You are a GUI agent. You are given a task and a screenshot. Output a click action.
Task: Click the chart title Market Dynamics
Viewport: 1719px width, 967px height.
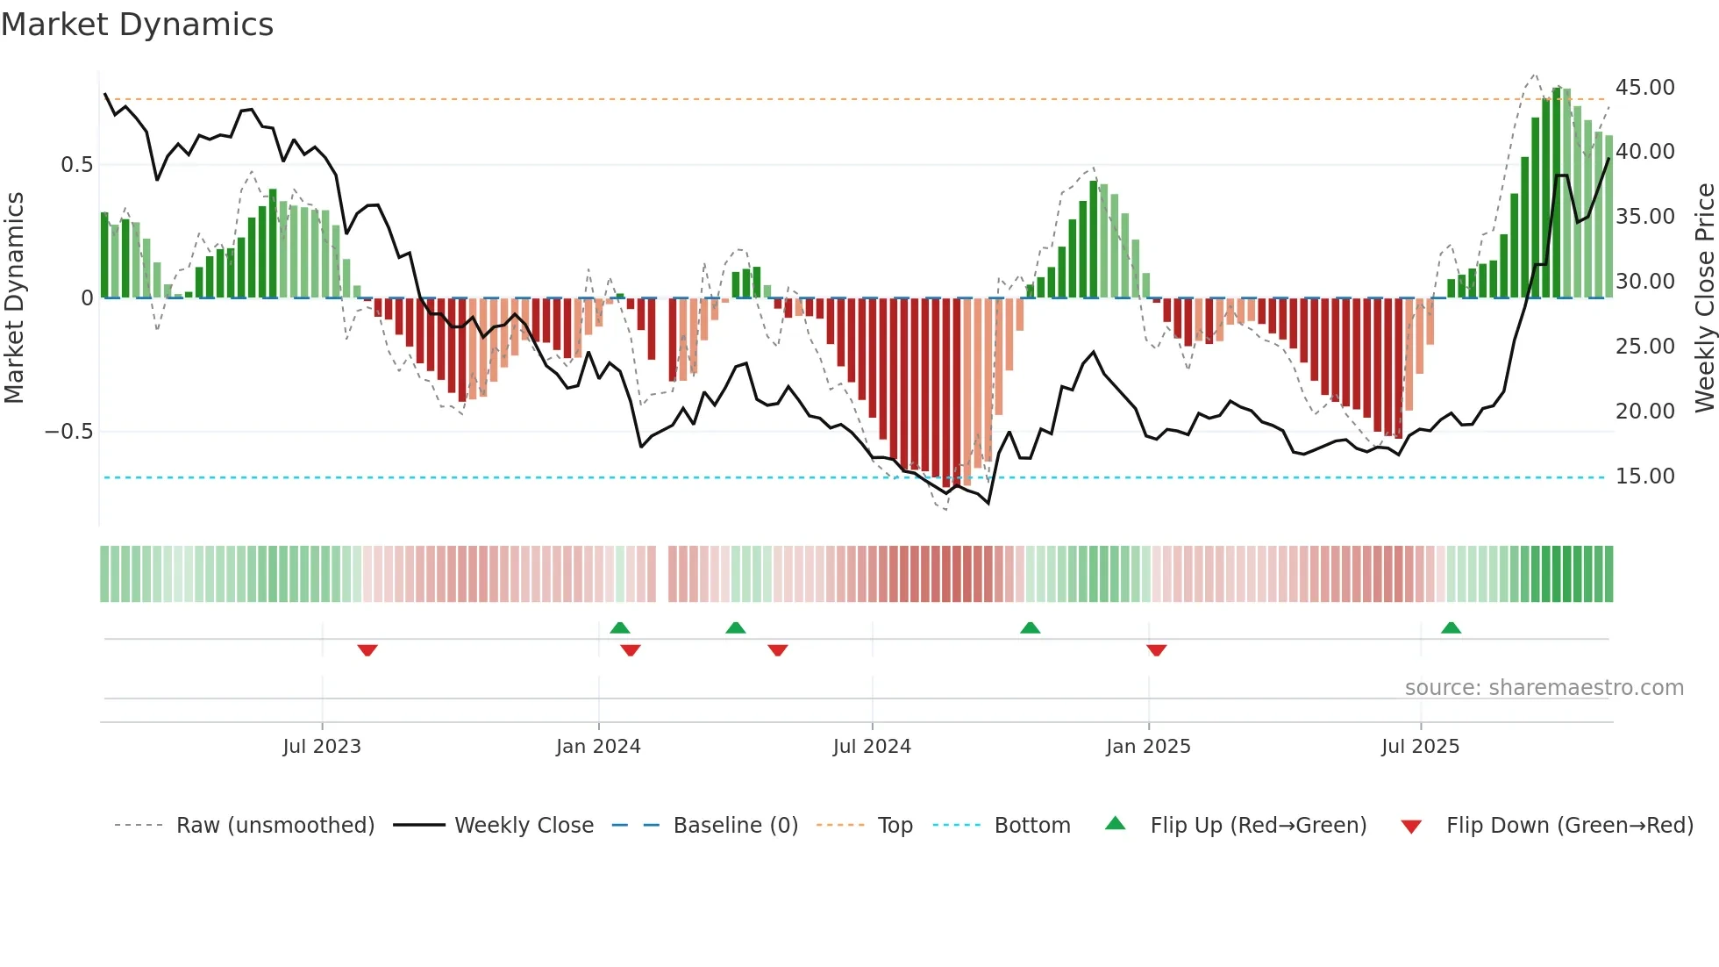coord(138,25)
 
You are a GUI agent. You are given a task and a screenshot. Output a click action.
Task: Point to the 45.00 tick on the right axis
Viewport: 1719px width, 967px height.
coord(1644,87)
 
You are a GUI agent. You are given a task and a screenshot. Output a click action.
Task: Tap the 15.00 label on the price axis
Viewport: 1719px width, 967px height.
coord(1644,476)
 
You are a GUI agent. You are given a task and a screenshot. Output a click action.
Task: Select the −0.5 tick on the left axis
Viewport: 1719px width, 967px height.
coord(68,431)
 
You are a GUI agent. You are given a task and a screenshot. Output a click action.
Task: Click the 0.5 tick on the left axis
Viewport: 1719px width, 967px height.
coord(76,164)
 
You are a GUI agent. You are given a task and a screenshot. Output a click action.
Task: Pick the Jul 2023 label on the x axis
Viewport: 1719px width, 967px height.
coord(322,746)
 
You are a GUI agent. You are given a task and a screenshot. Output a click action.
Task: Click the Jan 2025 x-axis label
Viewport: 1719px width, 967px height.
coord(1148,746)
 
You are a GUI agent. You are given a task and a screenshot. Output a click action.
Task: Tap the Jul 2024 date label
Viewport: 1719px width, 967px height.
coord(872,746)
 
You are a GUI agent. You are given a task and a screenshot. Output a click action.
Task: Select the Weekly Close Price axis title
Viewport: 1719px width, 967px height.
coord(1704,297)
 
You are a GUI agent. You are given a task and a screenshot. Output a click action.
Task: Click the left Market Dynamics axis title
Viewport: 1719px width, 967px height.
coord(14,297)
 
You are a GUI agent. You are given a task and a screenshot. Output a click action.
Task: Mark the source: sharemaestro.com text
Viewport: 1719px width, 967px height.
coord(1544,687)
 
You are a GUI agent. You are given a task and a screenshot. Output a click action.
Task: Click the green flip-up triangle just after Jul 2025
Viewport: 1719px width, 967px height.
coord(1451,628)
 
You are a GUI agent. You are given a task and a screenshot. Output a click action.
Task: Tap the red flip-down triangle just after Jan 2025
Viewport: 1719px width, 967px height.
coord(1156,649)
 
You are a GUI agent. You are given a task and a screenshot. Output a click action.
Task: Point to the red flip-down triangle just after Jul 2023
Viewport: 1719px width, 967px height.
coord(367,649)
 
